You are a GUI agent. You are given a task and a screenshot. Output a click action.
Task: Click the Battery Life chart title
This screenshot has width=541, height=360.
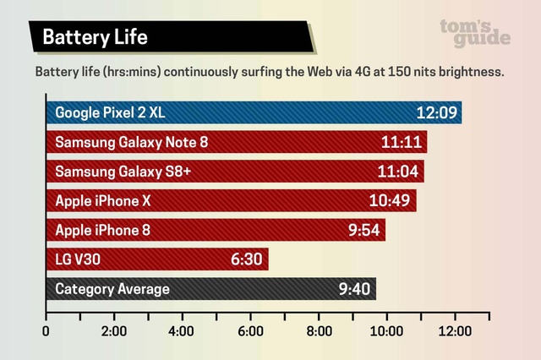(x=96, y=37)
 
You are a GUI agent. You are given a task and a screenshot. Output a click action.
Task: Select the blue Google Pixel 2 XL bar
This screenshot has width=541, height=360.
(x=254, y=112)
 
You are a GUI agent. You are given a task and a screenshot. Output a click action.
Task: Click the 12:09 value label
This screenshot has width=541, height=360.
(x=436, y=112)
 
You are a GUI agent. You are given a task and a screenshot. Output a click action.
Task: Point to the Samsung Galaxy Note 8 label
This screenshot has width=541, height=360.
(x=131, y=142)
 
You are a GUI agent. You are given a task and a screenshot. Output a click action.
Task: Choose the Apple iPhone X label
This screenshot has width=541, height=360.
(x=108, y=201)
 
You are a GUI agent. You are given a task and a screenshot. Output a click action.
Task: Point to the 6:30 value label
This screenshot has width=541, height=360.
(x=247, y=259)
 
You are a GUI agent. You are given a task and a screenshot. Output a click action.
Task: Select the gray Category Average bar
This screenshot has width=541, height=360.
(x=211, y=289)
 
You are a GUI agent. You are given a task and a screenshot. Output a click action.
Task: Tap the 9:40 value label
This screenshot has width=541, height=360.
(x=355, y=289)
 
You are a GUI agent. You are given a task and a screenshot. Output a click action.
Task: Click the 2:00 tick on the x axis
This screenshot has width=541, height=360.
(x=113, y=331)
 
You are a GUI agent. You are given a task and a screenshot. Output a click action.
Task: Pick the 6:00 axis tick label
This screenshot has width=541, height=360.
(x=250, y=331)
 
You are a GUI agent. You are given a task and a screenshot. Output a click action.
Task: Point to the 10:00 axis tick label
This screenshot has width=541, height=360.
(x=386, y=331)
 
